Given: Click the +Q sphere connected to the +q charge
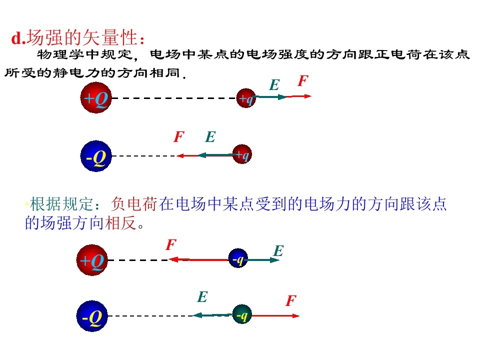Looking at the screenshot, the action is click(x=96, y=97).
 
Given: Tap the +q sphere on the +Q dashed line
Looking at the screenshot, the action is click(x=246, y=98).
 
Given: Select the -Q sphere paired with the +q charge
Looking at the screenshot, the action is click(x=96, y=156).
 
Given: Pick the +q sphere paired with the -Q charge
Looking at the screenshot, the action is click(x=242, y=154).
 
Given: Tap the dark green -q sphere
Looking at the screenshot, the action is click(x=242, y=314).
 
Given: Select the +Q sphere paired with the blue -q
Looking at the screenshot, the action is click(x=92, y=260).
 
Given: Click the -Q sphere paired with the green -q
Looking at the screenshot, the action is click(x=92, y=316).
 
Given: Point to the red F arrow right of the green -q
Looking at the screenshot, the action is click(x=275, y=315).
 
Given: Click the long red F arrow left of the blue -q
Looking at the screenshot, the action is click(x=198, y=260).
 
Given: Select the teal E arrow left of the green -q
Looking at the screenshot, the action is click(x=212, y=314).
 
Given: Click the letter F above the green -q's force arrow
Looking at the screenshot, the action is click(x=291, y=300).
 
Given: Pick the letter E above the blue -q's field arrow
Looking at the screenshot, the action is click(x=278, y=250).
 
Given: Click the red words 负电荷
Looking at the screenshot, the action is click(x=134, y=204).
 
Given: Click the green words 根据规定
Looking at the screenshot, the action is click(x=61, y=204).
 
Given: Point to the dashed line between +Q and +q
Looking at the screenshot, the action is click(x=174, y=98).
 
